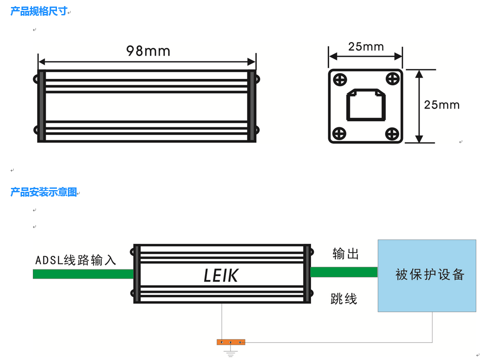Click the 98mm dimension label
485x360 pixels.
[x=148, y=51]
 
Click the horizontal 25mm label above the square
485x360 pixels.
[x=366, y=46]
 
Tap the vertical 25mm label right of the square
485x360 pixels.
[x=442, y=105]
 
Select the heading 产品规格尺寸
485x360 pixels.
[x=39, y=11]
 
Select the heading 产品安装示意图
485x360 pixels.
[x=44, y=192]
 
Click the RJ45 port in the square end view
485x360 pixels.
[x=365, y=105]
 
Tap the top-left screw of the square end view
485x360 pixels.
[x=340, y=80]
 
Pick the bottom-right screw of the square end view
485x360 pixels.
[x=392, y=133]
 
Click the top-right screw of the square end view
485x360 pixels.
[x=392, y=79]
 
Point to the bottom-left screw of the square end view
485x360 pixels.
[x=340, y=133]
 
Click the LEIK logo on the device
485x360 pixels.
[x=221, y=275]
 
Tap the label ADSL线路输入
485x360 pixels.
[x=76, y=260]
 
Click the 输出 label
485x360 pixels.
[x=346, y=254]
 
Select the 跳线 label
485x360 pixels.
[x=344, y=299]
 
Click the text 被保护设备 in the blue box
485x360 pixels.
[x=429, y=275]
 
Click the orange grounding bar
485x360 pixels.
[x=231, y=342]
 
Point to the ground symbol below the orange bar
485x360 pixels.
[x=231, y=352]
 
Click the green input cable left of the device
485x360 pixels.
[x=83, y=274]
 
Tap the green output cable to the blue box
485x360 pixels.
[x=344, y=272]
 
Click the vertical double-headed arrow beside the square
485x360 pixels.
[x=419, y=106]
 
